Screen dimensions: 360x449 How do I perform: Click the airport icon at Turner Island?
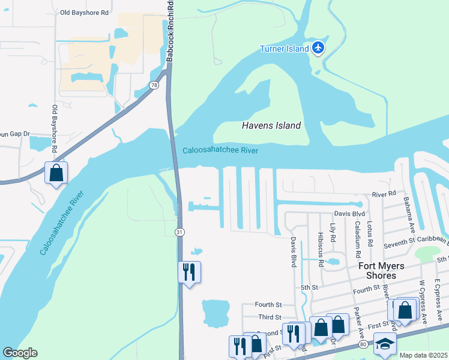pos(318,49)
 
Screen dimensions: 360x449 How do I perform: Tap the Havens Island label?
pos(271,125)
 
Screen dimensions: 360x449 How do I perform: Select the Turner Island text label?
pos(284,49)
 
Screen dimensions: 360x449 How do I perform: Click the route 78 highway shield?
pos(154,86)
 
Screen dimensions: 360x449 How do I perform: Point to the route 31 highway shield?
pos(179,232)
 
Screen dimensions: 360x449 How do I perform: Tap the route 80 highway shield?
pos(363,344)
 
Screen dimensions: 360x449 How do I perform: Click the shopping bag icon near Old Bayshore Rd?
pos(56,173)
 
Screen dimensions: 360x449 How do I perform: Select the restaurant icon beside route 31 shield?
pos(190,272)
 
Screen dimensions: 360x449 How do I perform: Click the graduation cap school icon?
pos(385,344)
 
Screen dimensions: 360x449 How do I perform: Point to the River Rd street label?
pos(384,194)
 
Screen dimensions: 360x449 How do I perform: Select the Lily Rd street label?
pos(333,230)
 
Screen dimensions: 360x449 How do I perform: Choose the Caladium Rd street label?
pos(357,236)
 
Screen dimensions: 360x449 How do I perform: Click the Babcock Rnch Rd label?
pos(170,31)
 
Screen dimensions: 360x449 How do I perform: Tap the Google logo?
pos(20,353)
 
